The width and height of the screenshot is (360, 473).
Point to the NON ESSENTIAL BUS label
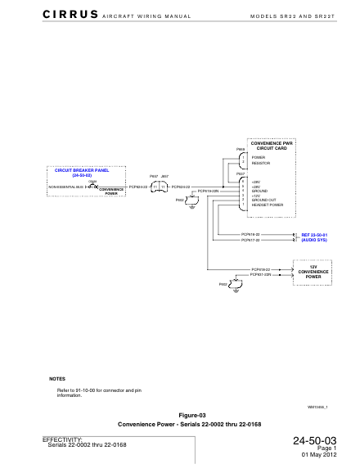pos(65,187)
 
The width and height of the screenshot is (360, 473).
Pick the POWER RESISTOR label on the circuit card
pos(259,160)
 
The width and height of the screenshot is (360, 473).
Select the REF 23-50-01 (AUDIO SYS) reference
pos(314,237)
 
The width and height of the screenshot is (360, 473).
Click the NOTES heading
pos(57,379)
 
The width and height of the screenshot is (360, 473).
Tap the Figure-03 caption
pos(179,416)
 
